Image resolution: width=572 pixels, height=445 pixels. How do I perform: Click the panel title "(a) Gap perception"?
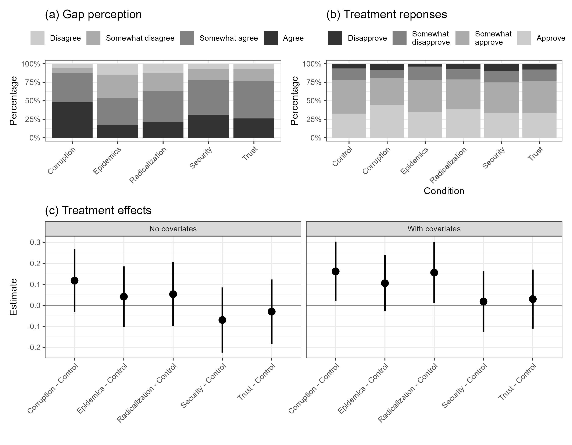(x=93, y=14)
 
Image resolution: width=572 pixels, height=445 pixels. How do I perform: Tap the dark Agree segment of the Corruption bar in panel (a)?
(x=72, y=120)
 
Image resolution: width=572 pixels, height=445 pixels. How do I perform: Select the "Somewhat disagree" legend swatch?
(x=93, y=38)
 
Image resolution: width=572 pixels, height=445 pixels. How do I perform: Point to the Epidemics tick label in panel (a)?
(x=107, y=160)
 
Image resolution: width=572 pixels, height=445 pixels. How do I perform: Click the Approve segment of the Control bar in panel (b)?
(x=349, y=125)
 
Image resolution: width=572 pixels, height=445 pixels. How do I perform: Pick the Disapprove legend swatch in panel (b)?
(x=335, y=38)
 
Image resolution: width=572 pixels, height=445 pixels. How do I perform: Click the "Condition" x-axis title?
(x=444, y=191)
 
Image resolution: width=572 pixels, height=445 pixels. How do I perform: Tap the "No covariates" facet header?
(x=173, y=229)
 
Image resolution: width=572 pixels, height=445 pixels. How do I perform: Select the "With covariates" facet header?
(x=434, y=229)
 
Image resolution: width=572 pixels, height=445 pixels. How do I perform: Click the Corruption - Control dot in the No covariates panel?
(x=75, y=281)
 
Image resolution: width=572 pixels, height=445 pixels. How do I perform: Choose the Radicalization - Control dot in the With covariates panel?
(x=434, y=273)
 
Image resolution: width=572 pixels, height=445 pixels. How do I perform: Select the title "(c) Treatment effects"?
(x=98, y=210)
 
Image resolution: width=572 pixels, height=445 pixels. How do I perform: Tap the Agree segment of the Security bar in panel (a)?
(x=208, y=126)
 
